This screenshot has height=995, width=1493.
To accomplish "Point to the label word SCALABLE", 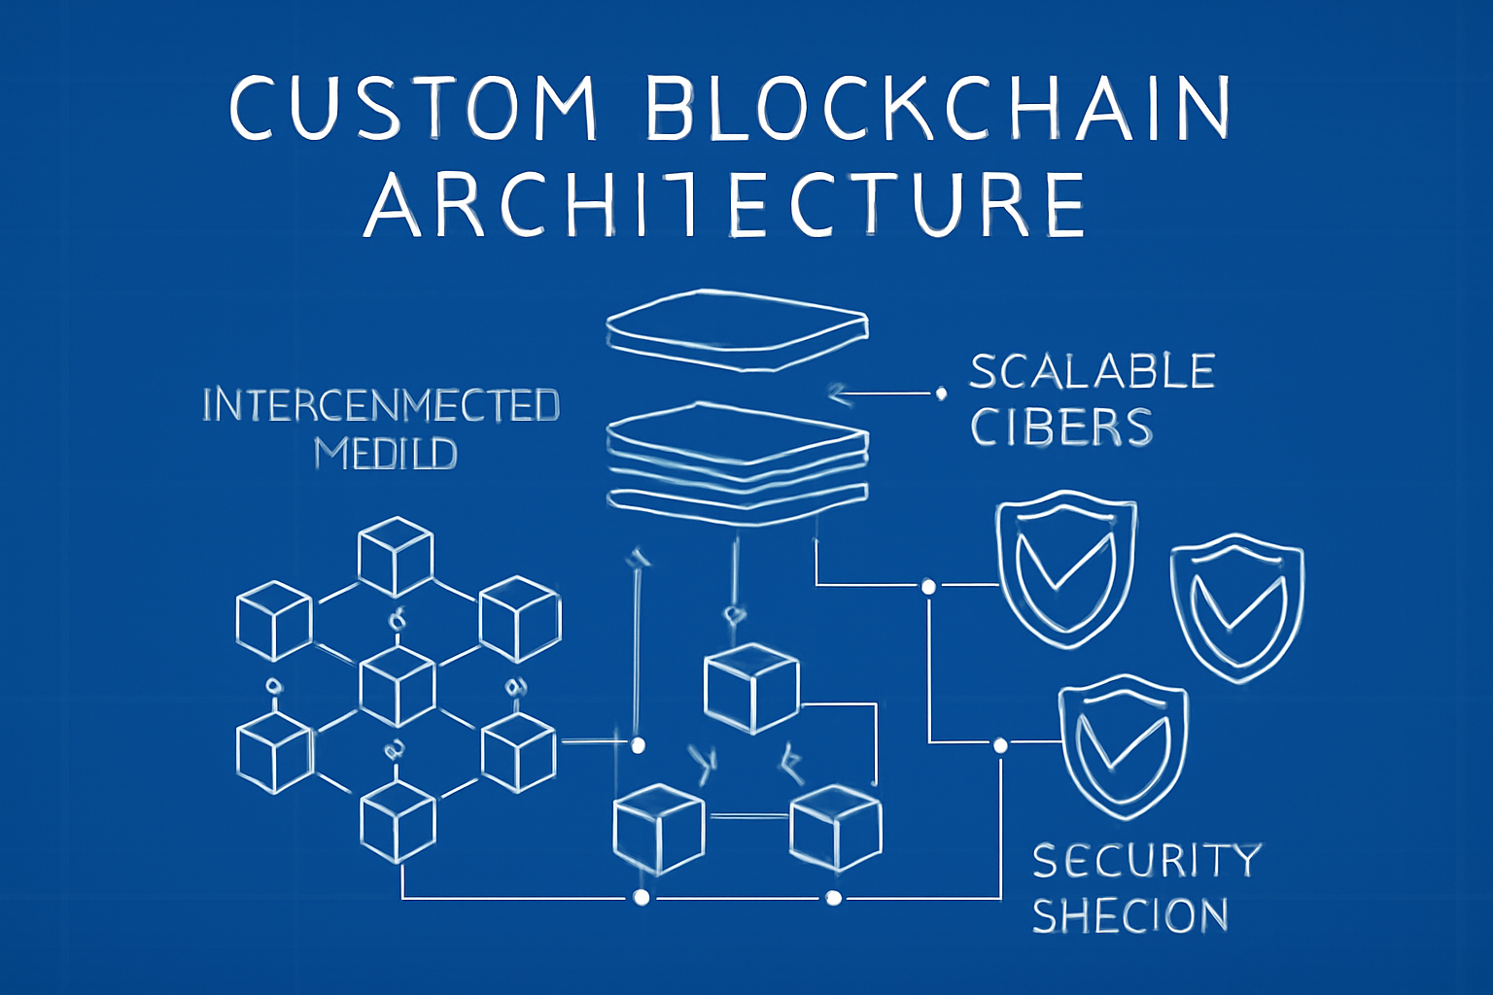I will (1093, 372).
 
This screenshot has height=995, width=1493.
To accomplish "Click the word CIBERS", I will (1061, 428).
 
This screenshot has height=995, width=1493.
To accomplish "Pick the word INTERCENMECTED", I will (381, 405).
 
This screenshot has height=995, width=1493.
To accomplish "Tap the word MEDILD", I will (386, 454).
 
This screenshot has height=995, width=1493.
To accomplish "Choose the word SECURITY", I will (1147, 861).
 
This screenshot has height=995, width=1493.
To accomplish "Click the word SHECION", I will (1130, 916).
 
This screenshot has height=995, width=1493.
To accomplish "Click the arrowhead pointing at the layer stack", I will (838, 395).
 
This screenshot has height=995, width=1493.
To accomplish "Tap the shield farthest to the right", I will (1236, 606).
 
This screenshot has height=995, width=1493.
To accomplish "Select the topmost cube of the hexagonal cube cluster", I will (395, 557).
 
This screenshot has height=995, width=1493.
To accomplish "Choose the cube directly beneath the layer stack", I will (750, 687).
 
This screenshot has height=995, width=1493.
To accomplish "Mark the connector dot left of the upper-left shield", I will (928, 587).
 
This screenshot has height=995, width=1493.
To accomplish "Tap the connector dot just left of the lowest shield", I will (1000, 745).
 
